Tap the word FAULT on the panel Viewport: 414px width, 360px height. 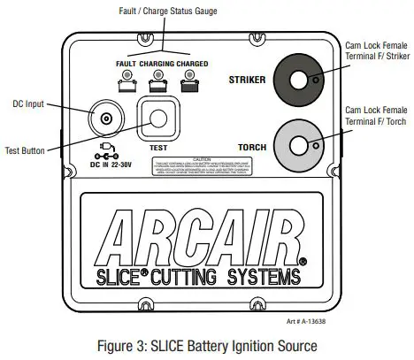tap(129, 66)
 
